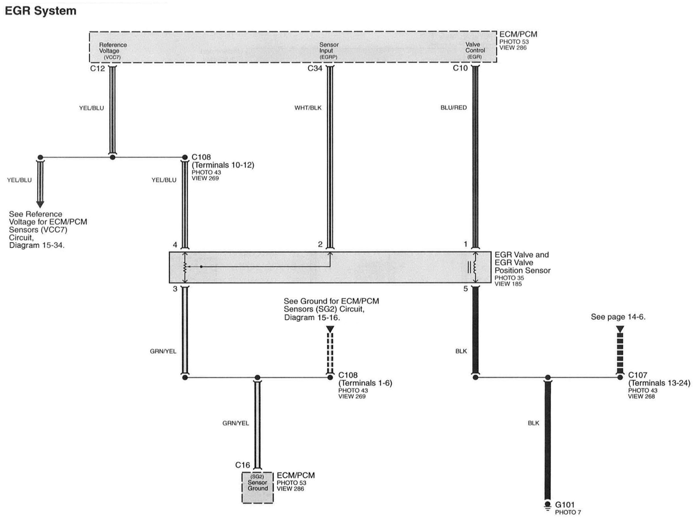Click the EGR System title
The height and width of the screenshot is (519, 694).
point(41,11)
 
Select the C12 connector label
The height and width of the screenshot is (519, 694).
point(97,68)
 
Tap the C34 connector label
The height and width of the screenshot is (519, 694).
point(315,68)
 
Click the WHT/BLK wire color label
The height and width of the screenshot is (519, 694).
point(308,108)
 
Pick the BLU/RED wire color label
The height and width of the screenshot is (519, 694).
point(453,108)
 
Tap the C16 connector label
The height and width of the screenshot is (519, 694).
point(242,465)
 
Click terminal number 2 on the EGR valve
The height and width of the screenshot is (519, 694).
point(320,244)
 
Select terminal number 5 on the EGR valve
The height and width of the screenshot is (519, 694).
point(466,289)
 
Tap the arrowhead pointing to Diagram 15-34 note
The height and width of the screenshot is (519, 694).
point(40,204)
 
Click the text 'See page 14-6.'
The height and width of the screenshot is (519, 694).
point(618,317)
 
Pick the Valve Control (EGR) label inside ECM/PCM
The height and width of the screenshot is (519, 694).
point(475,51)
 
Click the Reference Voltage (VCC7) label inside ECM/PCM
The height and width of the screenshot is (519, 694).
point(113,51)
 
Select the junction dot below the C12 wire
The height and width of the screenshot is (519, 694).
point(112,157)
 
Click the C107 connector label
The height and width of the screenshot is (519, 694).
point(638,375)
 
